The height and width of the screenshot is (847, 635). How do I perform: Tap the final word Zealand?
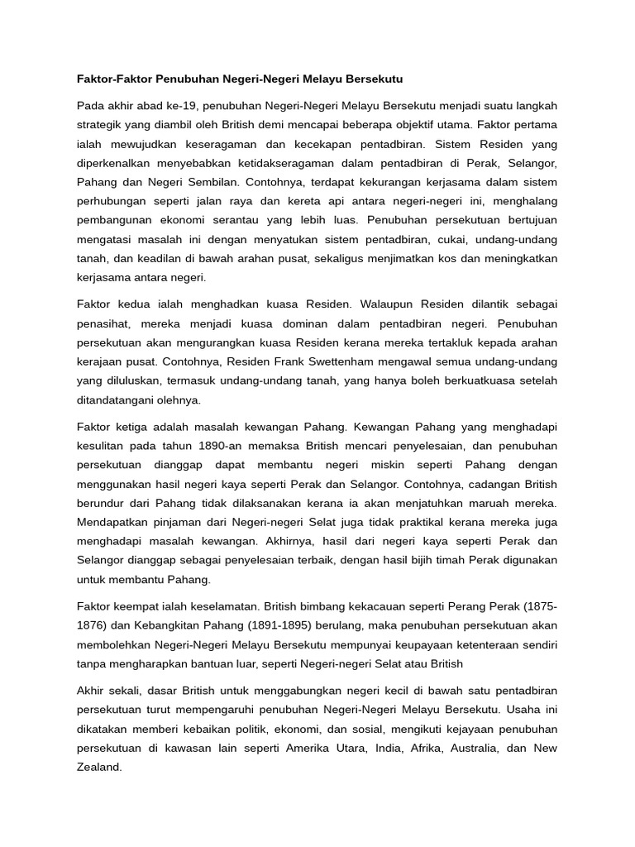99,767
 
